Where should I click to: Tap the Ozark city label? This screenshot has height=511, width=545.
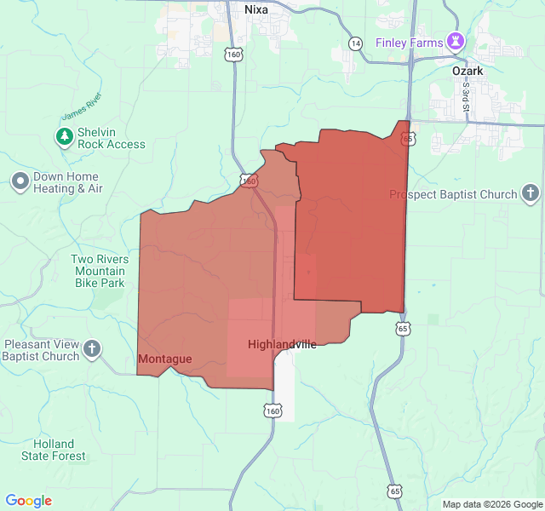(x=468, y=72)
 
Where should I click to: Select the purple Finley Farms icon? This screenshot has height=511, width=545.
(x=456, y=41)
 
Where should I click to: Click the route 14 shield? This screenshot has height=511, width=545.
(x=356, y=43)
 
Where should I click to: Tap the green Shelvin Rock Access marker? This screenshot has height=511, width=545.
(x=65, y=136)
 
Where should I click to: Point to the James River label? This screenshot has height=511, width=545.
(x=82, y=106)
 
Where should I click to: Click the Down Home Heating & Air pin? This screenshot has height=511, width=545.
(x=20, y=181)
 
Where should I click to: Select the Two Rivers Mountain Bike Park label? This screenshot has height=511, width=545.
(x=100, y=272)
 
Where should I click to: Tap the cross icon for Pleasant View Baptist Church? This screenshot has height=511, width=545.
(x=92, y=348)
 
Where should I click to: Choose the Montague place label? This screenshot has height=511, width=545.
(x=164, y=359)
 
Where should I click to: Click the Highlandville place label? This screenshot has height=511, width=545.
(x=282, y=344)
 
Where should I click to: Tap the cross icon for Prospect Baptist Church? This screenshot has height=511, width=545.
(x=531, y=193)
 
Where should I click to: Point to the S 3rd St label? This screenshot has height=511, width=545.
(x=466, y=96)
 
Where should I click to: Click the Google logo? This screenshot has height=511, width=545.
(x=29, y=501)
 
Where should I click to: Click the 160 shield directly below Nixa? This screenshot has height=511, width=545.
(x=234, y=55)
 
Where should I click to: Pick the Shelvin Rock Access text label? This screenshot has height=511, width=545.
(x=112, y=138)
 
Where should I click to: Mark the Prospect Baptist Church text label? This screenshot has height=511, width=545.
(x=453, y=194)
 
